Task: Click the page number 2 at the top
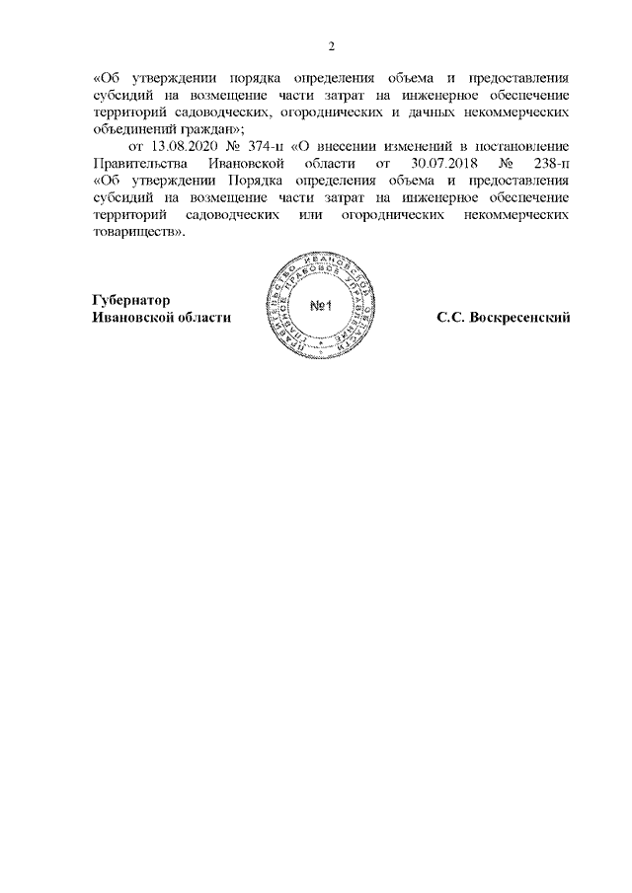[331, 46]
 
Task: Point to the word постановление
[525, 145]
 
